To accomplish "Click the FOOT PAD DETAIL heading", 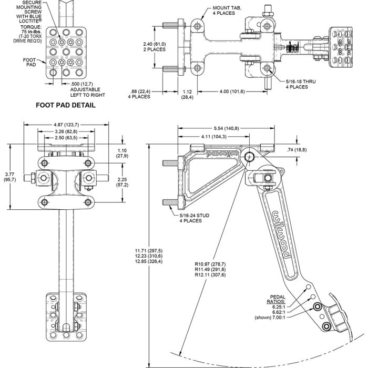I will pos(65,105).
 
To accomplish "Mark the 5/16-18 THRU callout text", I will pos(301,84).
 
